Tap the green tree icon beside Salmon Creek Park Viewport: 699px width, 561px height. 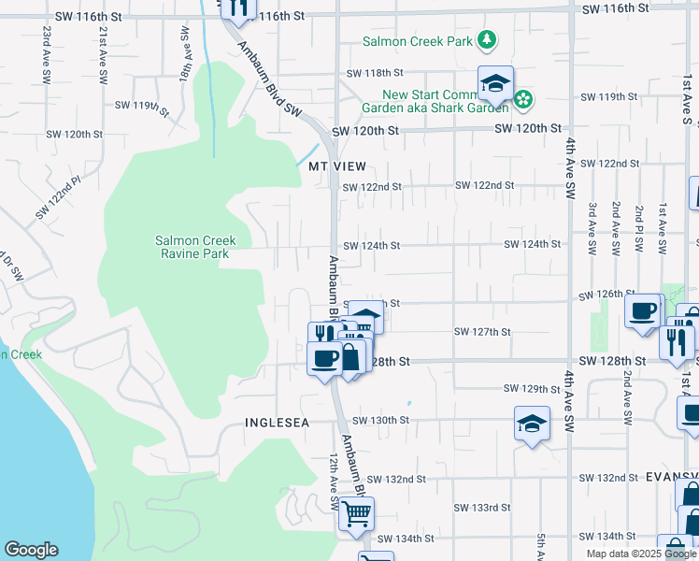pos(486,40)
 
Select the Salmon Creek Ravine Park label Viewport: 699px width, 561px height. pos(195,247)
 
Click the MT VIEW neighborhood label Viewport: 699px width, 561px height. pos(335,165)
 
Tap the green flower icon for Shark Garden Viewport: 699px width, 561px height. pos(524,98)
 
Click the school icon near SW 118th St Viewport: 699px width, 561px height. pos(495,83)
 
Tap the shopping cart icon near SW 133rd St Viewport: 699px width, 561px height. pos(356,512)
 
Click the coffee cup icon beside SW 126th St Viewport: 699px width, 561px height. pos(643,310)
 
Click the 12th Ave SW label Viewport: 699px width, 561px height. pos(332,482)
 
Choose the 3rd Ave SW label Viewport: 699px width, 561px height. pos(592,228)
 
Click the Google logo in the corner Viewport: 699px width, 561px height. pos(31,550)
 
